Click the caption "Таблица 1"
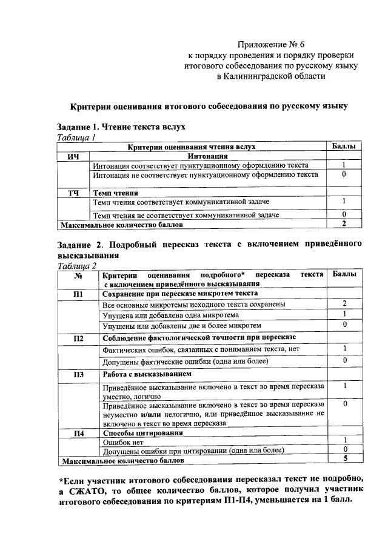(x=76, y=138)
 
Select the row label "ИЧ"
(x=73, y=156)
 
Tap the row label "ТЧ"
(x=73, y=193)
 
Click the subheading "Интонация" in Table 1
(x=208, y=156)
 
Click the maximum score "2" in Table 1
(x=343, y=224)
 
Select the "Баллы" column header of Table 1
(x=343, y=147)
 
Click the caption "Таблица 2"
(x=77, y=266)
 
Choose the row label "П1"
(x=78, y=294)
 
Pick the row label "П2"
(x=78, y=338)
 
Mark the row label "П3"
(x=78, y=374)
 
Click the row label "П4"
(x=78, y=432)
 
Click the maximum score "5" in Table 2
(x=344, y=459)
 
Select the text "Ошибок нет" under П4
(x=122, y=442)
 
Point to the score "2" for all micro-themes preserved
(x=344, y=303)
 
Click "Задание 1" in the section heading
(x=76, y=128)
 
